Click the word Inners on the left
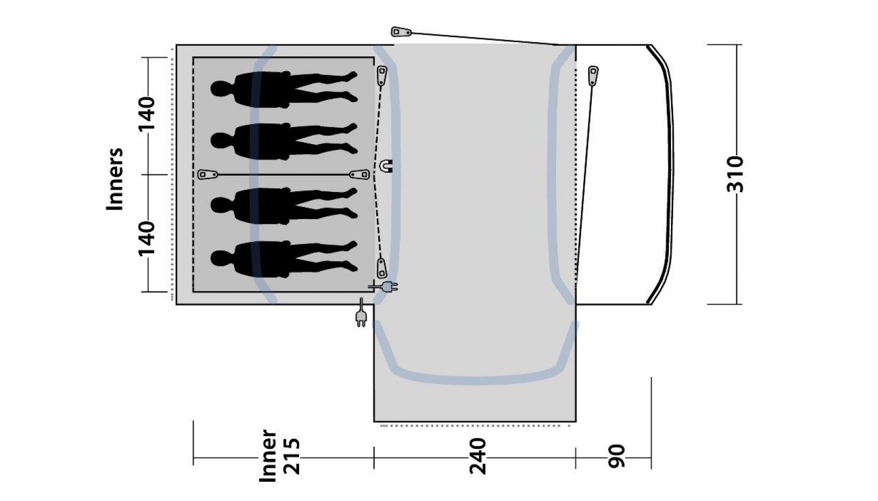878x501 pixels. [x=114, y=179]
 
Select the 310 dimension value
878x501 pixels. [x=734, y=174]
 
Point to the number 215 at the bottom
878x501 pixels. [x=292, y=456]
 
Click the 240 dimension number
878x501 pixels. [x=477, y=456]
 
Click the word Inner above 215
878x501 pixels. [x=269, y=456]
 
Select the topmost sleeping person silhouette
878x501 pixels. [x=284, y=89]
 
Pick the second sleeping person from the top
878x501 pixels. [x=284, y=141]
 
